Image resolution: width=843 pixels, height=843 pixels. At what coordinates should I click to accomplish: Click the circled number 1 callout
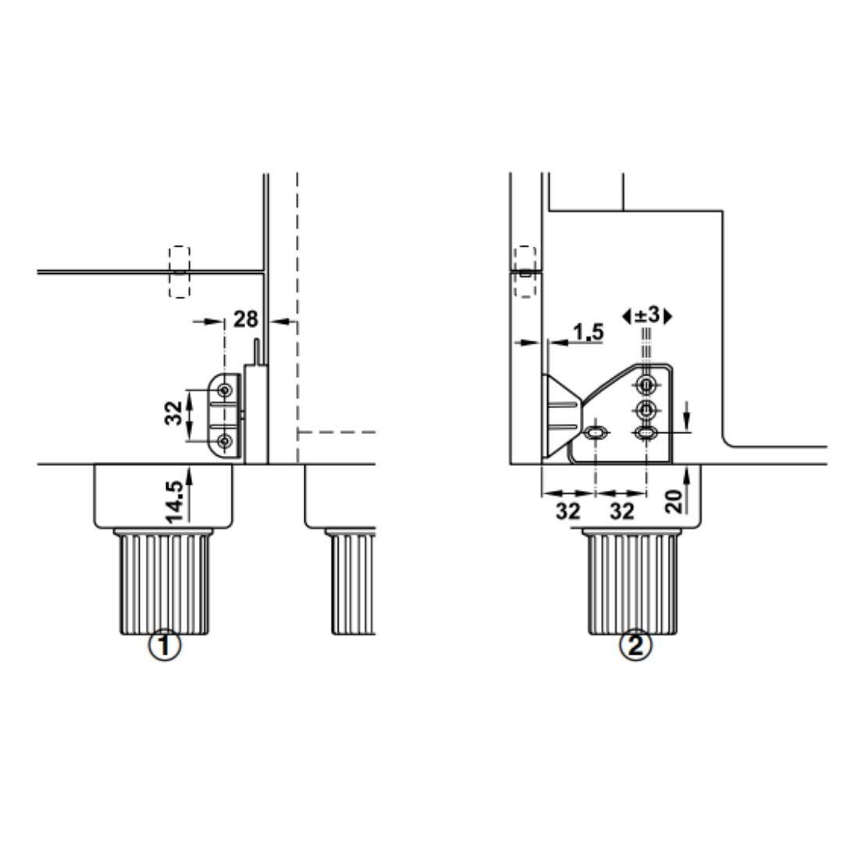pos(165,645)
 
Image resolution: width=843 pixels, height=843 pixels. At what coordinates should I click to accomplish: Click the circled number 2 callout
pos(636,645)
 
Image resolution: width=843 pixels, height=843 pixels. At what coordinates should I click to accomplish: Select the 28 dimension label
pos(246,319)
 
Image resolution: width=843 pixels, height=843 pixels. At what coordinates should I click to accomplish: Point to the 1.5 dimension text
pos(589,333)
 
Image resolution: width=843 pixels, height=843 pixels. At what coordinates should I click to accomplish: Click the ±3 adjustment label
pos(647,315)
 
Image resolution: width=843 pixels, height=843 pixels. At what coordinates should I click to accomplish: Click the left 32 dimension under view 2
pos(567,511)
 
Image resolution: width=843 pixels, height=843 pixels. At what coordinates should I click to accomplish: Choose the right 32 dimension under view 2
pos(622,511)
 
